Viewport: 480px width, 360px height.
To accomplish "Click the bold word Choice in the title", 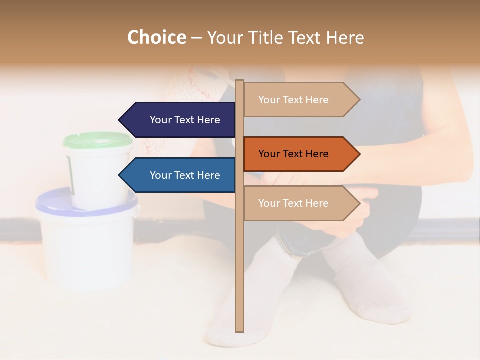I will pos(156,37).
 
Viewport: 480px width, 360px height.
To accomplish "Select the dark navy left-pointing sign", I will pos(180,120).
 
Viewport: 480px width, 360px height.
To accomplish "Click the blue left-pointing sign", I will pos(180,175).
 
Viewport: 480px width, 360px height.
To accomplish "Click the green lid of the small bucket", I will pos(98,140).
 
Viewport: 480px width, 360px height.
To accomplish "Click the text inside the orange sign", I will pos(293,154).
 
